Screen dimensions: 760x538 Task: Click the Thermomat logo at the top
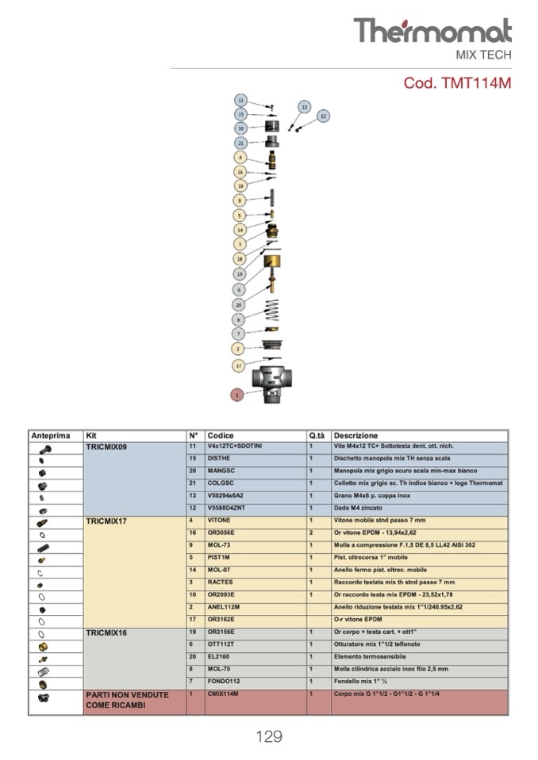click(x=432, y=31)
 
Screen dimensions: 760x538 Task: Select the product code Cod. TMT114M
click(x=457, y=83)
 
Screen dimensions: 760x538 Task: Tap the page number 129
click(x=269, y=737)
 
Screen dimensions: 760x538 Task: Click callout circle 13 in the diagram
click(x=305, y=106)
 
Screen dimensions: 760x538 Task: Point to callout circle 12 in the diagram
click(x=322, y=116)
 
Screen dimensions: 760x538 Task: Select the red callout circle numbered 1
click(x=236, y=394)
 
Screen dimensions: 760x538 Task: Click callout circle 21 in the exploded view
click(x=240, y=143)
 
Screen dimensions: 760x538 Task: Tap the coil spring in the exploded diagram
click(x=271, y=311)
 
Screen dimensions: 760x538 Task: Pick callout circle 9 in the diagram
click(x=239, y=201)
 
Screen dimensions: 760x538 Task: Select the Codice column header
click(x=221, y=436)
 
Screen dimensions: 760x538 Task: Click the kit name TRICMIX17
click(x=106, y=521)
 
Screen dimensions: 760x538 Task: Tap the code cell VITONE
click(x=220, y=521)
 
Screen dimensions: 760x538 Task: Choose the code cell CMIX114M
click(x=223, y=693)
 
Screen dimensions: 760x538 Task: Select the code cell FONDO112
click(x=224, y=681)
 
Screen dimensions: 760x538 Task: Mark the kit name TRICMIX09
click(x=106, y=447)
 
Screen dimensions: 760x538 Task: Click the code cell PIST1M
click(x=219, y=557)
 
